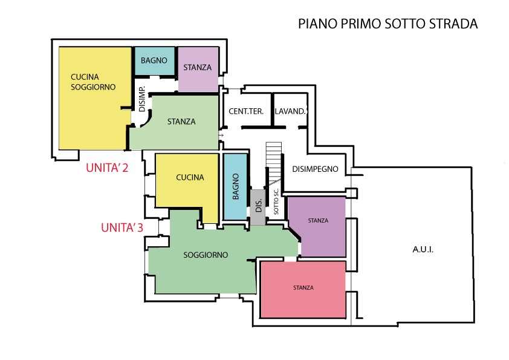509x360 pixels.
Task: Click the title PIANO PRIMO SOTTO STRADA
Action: pos(388,24)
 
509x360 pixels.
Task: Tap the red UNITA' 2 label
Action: pos(107,168)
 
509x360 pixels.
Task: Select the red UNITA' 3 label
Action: pos(122,227)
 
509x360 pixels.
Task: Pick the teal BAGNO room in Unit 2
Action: pos(155,61)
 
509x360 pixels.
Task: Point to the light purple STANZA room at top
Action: pos(198,69)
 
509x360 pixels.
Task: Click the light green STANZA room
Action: pos(181,122)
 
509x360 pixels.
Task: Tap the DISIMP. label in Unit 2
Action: pos(142,99)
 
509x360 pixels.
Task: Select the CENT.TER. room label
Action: pos(246,111)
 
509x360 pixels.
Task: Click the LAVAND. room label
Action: pos(291,111)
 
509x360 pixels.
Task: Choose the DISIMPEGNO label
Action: pos(315,169)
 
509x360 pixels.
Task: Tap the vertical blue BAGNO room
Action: pos(235,186)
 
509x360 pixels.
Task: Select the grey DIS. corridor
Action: pos(258,208)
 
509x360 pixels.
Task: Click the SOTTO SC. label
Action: pos(276,201)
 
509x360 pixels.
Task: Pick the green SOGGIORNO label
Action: pos(206,255)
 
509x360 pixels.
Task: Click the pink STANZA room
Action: pos(303,289)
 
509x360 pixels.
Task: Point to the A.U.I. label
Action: pos(423,249)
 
